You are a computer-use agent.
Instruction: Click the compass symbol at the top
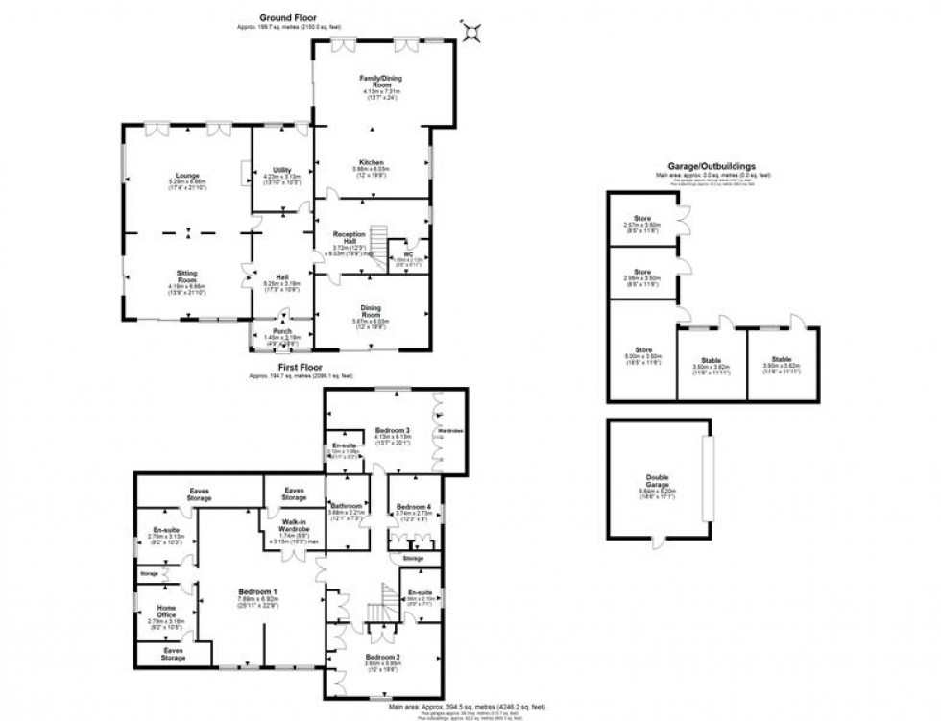tap(471, 31)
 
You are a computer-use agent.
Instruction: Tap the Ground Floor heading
tap(287, 18)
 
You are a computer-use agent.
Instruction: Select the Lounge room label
tap(188, 177)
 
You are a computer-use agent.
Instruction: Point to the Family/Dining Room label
tap(373, 81)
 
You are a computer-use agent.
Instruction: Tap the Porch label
tap(282, 331)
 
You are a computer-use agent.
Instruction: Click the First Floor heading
tap(300, 367)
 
